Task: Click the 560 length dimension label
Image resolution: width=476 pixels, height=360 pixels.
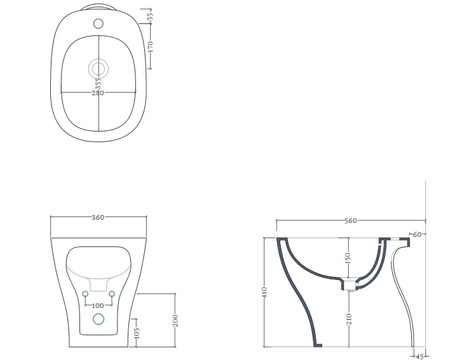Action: (x=351, y=220)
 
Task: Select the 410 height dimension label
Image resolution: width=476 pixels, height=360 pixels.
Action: (x=264, y=292)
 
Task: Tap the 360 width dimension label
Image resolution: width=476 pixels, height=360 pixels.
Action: (x=98, y=217)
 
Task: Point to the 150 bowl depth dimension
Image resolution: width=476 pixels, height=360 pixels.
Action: (x=348, y=258)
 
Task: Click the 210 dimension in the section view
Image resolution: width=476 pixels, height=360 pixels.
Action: (x=349, y=319)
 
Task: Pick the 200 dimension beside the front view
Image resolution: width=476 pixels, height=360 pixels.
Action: (x=175, y=321)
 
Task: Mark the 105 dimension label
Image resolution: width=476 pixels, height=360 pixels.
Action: (x=136, y=333)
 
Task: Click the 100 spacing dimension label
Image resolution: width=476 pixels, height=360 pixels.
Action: (x=98, y=305)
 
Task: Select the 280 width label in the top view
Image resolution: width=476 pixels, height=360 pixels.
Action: (x=98, y=93)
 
